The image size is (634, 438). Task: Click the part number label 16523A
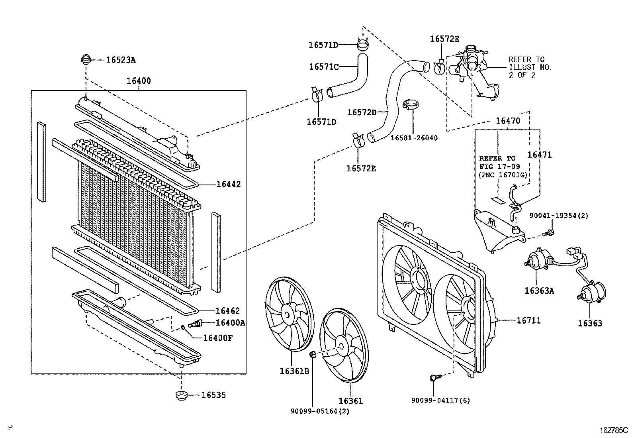(x=121, y=60)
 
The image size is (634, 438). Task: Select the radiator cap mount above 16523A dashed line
(x=86, y=61)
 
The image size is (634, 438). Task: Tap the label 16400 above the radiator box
(x=139, y=81)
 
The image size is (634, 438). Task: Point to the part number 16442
(x=229, y=185)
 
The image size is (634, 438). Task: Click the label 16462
(x=228, y=311)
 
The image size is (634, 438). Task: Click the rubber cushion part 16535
(x=182, y=396)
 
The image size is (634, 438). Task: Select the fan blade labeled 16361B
(x=290, y=316)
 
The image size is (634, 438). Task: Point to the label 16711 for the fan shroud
(x=528, y=320)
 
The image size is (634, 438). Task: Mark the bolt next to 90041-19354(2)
(x=550, y=232)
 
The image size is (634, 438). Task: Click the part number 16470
(x=508, y=121)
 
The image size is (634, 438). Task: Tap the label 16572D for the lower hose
(x=362, y=112)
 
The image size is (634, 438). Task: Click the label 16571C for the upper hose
(x=324, y=67)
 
